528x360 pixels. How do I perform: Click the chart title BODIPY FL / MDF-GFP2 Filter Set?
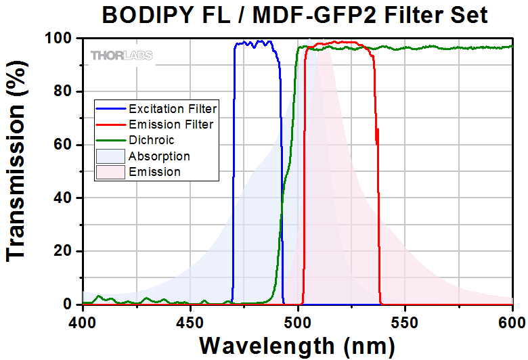[294, 14]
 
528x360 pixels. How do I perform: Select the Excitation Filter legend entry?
[173, 108]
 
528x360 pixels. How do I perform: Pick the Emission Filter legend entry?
[171, 125]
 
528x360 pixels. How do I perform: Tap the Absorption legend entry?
[159, 156]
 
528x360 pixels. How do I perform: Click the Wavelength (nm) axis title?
[297, 345]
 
